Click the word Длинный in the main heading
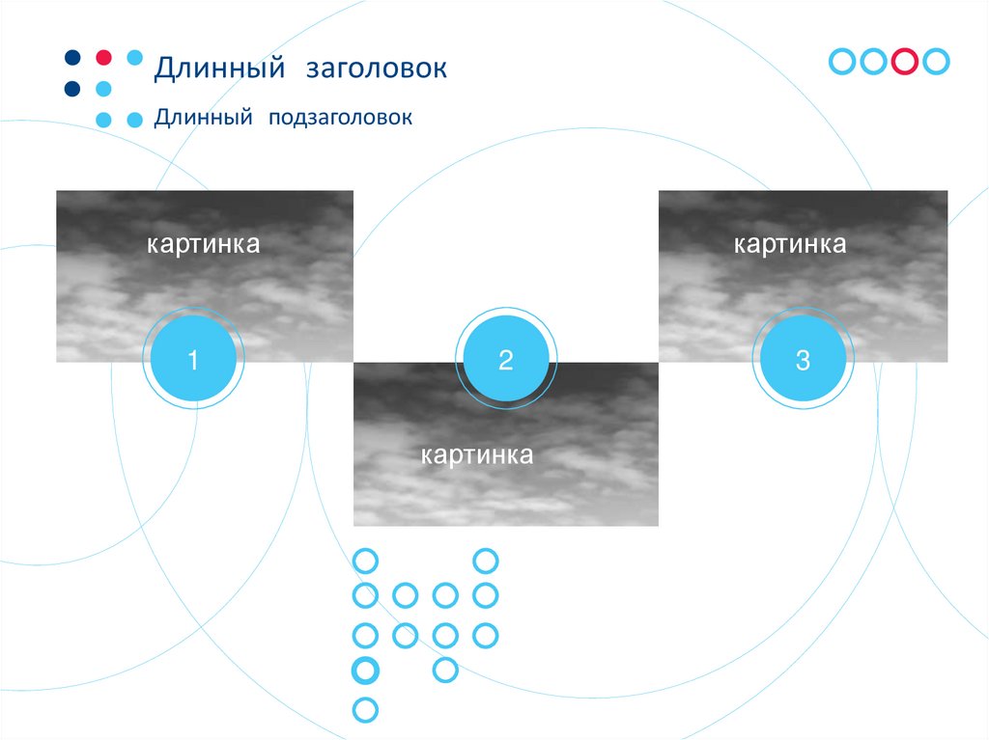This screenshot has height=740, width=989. [x=219, y=69]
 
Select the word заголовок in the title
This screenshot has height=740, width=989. [x=377, y=69]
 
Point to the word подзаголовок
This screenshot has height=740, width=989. [x=341, y=118]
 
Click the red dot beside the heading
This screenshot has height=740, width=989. [x=103, y=57]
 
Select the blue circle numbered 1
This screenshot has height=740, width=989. [x=193, y=361]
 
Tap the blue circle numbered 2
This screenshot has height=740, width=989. [x=506, y=361]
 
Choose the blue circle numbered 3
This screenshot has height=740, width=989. [x=804, y=361]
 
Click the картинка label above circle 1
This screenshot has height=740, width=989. [x=204, y=244]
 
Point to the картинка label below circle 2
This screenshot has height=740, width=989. [x=477, y=454]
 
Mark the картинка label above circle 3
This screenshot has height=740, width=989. [x=790, y=244]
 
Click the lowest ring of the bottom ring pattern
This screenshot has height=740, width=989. [x=365, y=711]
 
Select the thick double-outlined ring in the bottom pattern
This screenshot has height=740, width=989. [x=366, y=670]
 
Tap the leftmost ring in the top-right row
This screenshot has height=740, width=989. [x=843, y=61]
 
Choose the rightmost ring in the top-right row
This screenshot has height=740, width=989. [x=936, y=61]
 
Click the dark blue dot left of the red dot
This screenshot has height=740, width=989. [x=72, y=57]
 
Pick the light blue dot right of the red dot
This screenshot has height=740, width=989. [x=134, y=57]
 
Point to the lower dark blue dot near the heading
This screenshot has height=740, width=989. [x=72, y=89]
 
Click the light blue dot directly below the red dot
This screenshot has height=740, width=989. [x=103, y=89]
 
